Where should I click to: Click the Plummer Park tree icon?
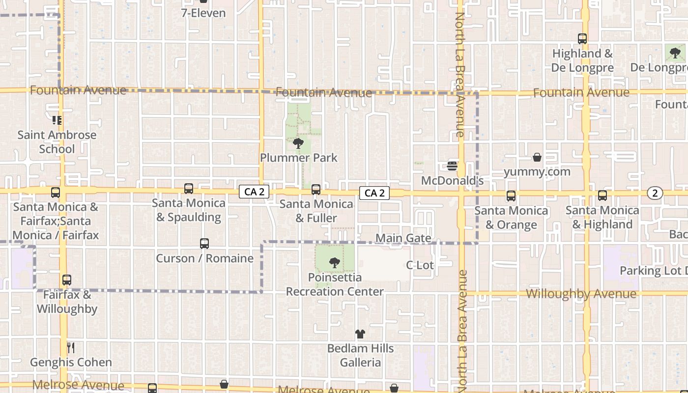tap(298, 143)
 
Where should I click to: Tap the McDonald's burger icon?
tap(452, 166)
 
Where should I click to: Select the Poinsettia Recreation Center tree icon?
tap(334, 263)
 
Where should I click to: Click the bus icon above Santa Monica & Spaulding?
tap(189, 188)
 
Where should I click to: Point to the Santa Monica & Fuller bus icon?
tap(316, 189)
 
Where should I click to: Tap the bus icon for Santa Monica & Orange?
tap(511, 196)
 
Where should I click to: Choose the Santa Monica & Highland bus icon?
tap(602, 196)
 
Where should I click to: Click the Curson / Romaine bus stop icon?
tap(204, 244)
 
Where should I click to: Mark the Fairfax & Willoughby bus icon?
tap(67, 280)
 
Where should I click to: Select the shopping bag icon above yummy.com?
tap(537, 157)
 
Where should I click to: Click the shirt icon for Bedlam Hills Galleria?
tap(360, 334)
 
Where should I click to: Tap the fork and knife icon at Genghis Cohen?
tap(71, 348)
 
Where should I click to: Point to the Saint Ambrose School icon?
tap(57, 120)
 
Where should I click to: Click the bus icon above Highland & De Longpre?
tap(582, 38)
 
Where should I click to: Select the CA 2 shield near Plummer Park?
tap(254, 192)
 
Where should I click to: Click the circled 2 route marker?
tap(655, 193)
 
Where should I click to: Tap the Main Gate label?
tap(403, 238)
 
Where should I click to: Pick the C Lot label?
tap(420, 265)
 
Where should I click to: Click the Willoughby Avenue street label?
tap(581, 294)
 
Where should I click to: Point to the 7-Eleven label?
tap(203, 13)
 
